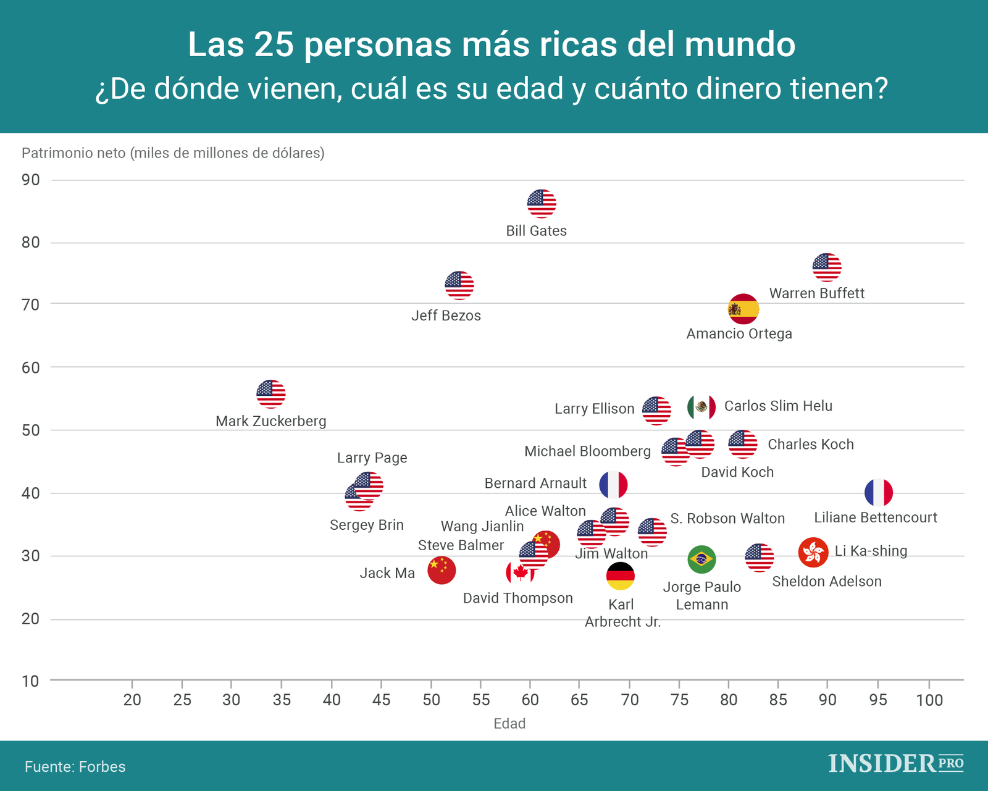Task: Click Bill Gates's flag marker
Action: (x=542, y=203)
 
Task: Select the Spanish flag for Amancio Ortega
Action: (x=743, y=309)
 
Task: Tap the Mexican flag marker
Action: (x=701, y=406)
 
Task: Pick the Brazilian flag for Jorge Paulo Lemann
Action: (x=701, y=559)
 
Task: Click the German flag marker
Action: (x=620, y=576)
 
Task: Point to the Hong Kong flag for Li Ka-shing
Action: (x=813, y=552)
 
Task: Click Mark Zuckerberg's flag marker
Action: (x=270, y=394)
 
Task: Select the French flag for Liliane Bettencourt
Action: (x=878, y=493)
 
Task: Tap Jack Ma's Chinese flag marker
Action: (x=441, y=570)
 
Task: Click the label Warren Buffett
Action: (x=816, y=293)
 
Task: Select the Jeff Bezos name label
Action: (x=446, y=316)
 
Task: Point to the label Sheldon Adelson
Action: (x=826, y=582)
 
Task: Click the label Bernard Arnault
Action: (x=535, y=483)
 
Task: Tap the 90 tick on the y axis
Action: (x=30, y=180)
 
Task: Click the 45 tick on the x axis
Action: (x=381, y=700)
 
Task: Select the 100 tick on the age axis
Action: (x=929, y=700)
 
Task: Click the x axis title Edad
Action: (x=509, y=724)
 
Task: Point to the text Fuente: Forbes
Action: (x=75, y=767)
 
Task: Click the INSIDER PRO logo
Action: (x=895, y=764)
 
